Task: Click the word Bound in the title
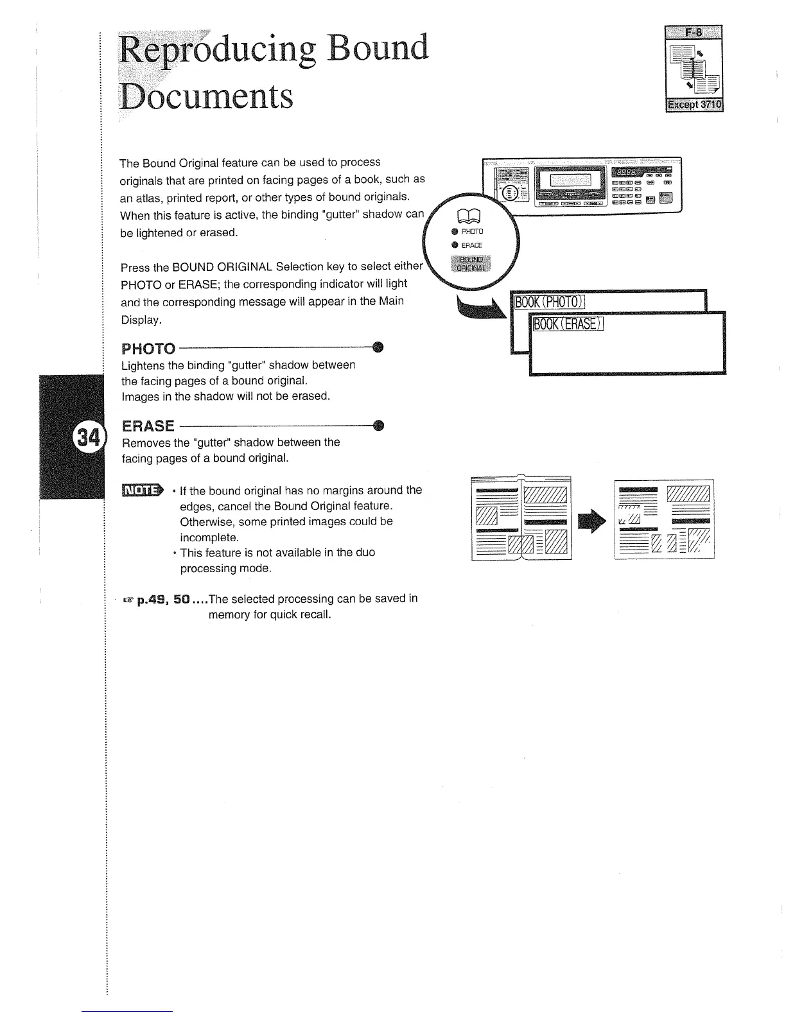[x=377, y=49]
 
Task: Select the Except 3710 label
[x=694, y=105]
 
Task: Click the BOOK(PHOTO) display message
[x=550, y=302]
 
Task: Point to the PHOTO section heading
[x=148, y=349]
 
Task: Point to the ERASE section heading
[x=148, y=426]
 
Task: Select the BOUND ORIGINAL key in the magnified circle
[x=471, y=263]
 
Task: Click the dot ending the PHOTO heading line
[x=378, y=347]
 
